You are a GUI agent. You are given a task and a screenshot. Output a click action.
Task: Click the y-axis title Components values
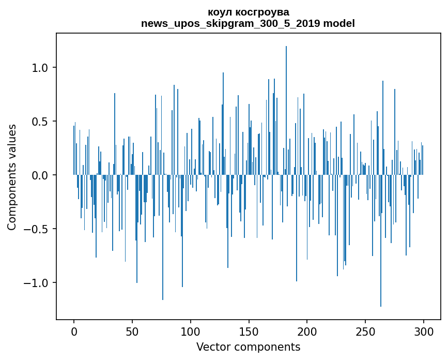click(x=11, y=177)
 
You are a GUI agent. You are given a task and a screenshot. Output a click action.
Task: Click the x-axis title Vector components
click(x=248, y=347)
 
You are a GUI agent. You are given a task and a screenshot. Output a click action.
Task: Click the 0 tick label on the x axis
click(x=74, y=331)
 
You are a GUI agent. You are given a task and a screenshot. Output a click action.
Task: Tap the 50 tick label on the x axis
click(x=132, y=331)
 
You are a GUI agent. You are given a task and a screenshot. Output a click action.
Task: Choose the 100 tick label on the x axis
click(x=191, y=331)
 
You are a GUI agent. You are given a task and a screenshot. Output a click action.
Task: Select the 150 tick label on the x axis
click(x=249, y=331)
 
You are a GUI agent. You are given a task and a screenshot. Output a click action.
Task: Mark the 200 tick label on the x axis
click(x=307, y=331)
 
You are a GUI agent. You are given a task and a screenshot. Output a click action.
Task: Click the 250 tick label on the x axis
click(x=365, y=331)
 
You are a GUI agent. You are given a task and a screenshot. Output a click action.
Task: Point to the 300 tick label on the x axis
click(x=424, y=331)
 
